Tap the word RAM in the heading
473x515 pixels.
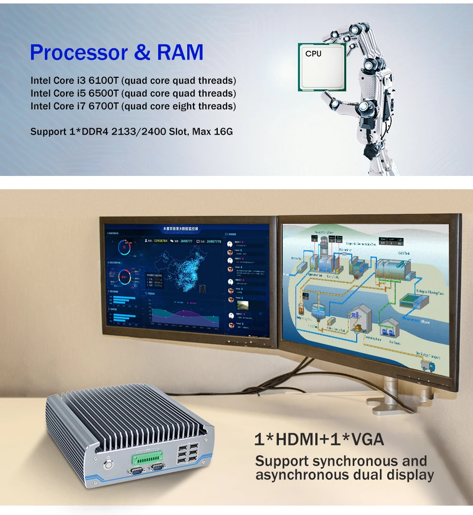click(x=180, y=52)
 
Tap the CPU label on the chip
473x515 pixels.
click(x=313, y=53)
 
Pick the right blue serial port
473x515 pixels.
click(x=158, y=468)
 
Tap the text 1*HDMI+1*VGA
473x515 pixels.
click(x=319, y=439)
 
